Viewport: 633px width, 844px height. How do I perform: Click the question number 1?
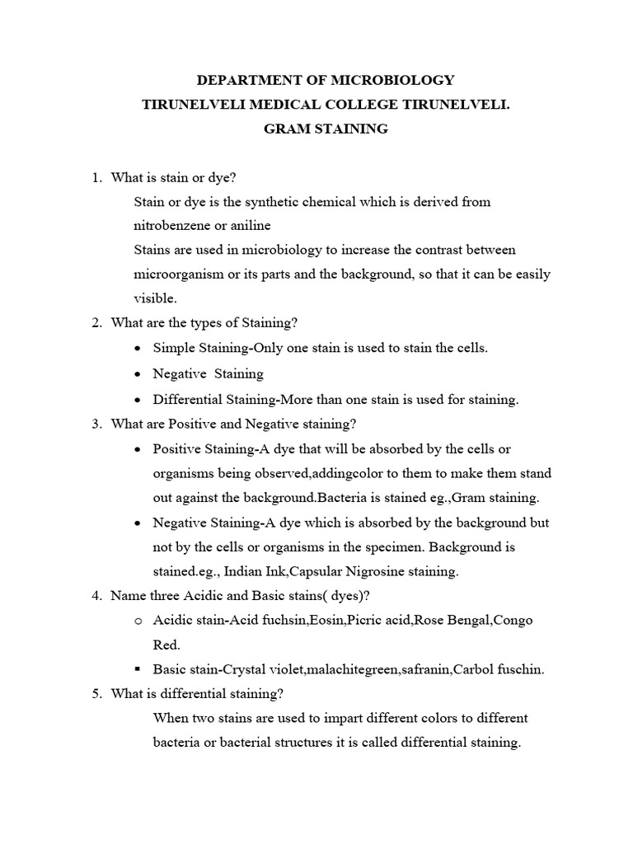[x=95, y=177]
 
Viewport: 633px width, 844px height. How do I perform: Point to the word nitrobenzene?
[x=171, y=225]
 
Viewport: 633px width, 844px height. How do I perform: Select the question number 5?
[x=95, y=693]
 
